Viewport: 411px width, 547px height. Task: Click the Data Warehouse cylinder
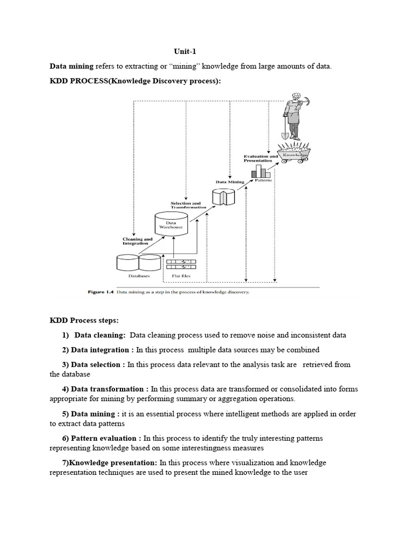pos(171,224)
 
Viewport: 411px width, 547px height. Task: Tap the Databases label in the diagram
pos(139,276)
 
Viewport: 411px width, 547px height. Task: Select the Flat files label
pos(181,276)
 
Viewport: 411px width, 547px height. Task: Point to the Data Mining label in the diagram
pos(230,182)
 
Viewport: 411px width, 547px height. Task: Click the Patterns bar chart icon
pos(261,171)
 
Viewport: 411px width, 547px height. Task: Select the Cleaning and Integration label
pos(138,241)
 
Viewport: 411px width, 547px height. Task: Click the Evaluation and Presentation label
pos(261,158)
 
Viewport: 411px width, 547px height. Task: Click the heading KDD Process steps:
pos(84,321)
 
